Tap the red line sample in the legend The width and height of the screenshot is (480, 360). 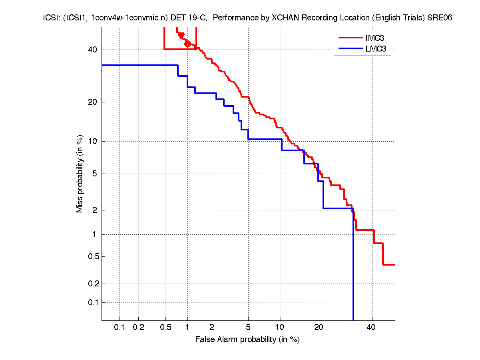350,38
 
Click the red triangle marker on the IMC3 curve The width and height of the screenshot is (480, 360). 181,36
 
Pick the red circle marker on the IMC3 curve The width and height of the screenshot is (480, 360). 188,44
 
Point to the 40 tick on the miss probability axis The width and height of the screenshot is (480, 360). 92,50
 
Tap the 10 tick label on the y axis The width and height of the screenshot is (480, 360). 92,141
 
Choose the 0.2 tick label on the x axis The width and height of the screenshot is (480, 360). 138,328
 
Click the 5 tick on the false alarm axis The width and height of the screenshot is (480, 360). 248,328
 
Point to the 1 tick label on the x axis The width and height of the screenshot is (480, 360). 187,328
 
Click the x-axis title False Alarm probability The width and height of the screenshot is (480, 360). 247,340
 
